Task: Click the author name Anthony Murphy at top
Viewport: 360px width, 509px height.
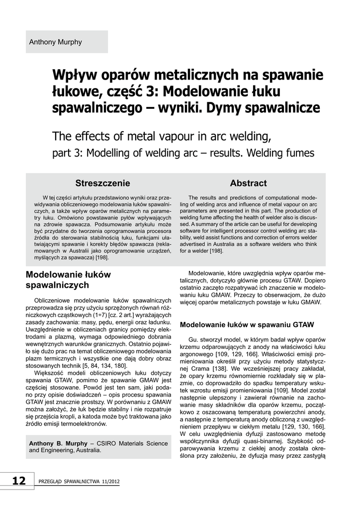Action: [x=56, y=42]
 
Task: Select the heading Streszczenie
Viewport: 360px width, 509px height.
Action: [x=102, y=183]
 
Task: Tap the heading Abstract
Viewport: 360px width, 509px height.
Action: [x=248, y=183]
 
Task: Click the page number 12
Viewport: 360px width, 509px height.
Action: [x=18, y=481]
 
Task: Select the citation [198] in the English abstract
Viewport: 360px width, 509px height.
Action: [x=215, y=251]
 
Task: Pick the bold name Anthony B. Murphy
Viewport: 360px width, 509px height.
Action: [x=58, y=443]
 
